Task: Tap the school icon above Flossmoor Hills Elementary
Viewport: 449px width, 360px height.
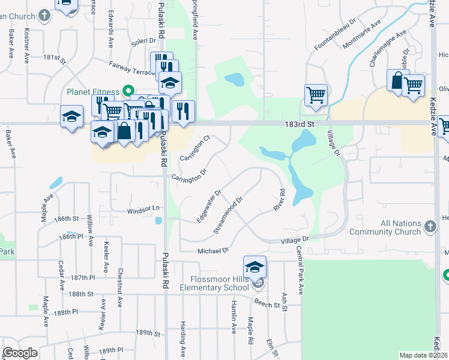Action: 255,266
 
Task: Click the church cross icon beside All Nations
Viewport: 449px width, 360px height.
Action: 430,227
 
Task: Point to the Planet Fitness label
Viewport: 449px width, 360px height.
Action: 93,92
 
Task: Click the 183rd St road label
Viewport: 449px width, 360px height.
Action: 300,123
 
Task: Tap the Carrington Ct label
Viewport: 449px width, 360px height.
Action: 195,148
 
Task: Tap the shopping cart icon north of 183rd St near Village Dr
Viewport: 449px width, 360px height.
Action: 316,95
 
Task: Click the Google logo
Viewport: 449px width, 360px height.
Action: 20,353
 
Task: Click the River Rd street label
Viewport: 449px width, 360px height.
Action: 279,200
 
